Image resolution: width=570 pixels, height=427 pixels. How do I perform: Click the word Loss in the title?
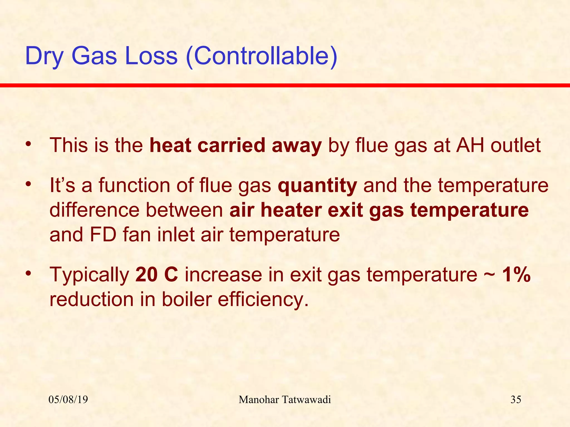[151, 56]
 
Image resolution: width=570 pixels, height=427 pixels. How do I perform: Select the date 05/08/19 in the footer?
[68, 400]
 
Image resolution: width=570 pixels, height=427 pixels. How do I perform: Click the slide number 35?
[516, 400]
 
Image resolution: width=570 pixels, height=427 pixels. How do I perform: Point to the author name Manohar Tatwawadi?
[285, 400]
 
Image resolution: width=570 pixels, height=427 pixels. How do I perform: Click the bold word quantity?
[317, 186]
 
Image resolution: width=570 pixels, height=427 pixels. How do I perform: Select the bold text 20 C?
[156, 275]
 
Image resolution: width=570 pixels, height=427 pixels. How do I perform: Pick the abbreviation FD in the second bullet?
[103, 235]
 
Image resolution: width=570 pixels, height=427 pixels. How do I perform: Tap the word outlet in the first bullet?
[515, 145]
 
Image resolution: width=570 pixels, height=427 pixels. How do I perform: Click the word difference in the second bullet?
[94, 210]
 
